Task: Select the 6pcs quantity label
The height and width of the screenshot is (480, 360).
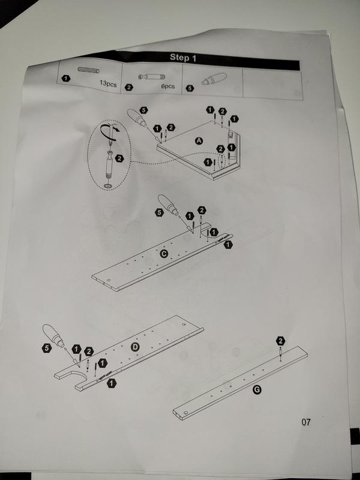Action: [168, 86]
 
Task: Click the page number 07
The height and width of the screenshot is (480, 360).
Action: [307, 422]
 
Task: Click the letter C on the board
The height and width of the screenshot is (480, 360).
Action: [163, 254]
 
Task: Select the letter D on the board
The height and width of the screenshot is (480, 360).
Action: [135, 348]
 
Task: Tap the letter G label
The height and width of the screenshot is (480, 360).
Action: [257, 390]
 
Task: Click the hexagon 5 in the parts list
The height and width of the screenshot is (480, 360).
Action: [191, 88]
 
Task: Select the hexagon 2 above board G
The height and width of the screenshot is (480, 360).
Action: [280, 341]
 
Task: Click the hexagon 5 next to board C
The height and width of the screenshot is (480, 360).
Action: [159, 212]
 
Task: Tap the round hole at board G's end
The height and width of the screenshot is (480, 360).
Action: [186, 413]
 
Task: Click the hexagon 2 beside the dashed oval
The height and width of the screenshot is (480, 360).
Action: [119, 158]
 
